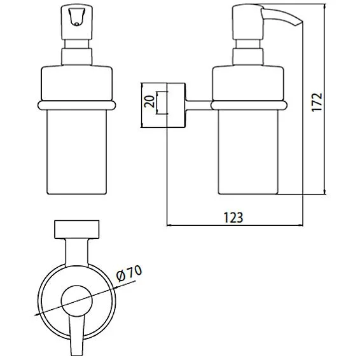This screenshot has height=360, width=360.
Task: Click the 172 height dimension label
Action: tap(317, 102)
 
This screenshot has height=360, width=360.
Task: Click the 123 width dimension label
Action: tap(233, 218)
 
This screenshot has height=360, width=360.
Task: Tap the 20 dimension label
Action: tap(149, 102)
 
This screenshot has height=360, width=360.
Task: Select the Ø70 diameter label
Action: tap(129, 273)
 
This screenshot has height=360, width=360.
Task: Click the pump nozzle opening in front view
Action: tap(76, 17)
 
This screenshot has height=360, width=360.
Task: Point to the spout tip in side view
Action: tap(299, 24)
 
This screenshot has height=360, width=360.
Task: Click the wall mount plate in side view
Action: tap(176, 105)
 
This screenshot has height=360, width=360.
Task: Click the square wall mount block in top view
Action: tap(77, 230)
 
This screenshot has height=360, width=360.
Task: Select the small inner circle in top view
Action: tap(76, 301)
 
